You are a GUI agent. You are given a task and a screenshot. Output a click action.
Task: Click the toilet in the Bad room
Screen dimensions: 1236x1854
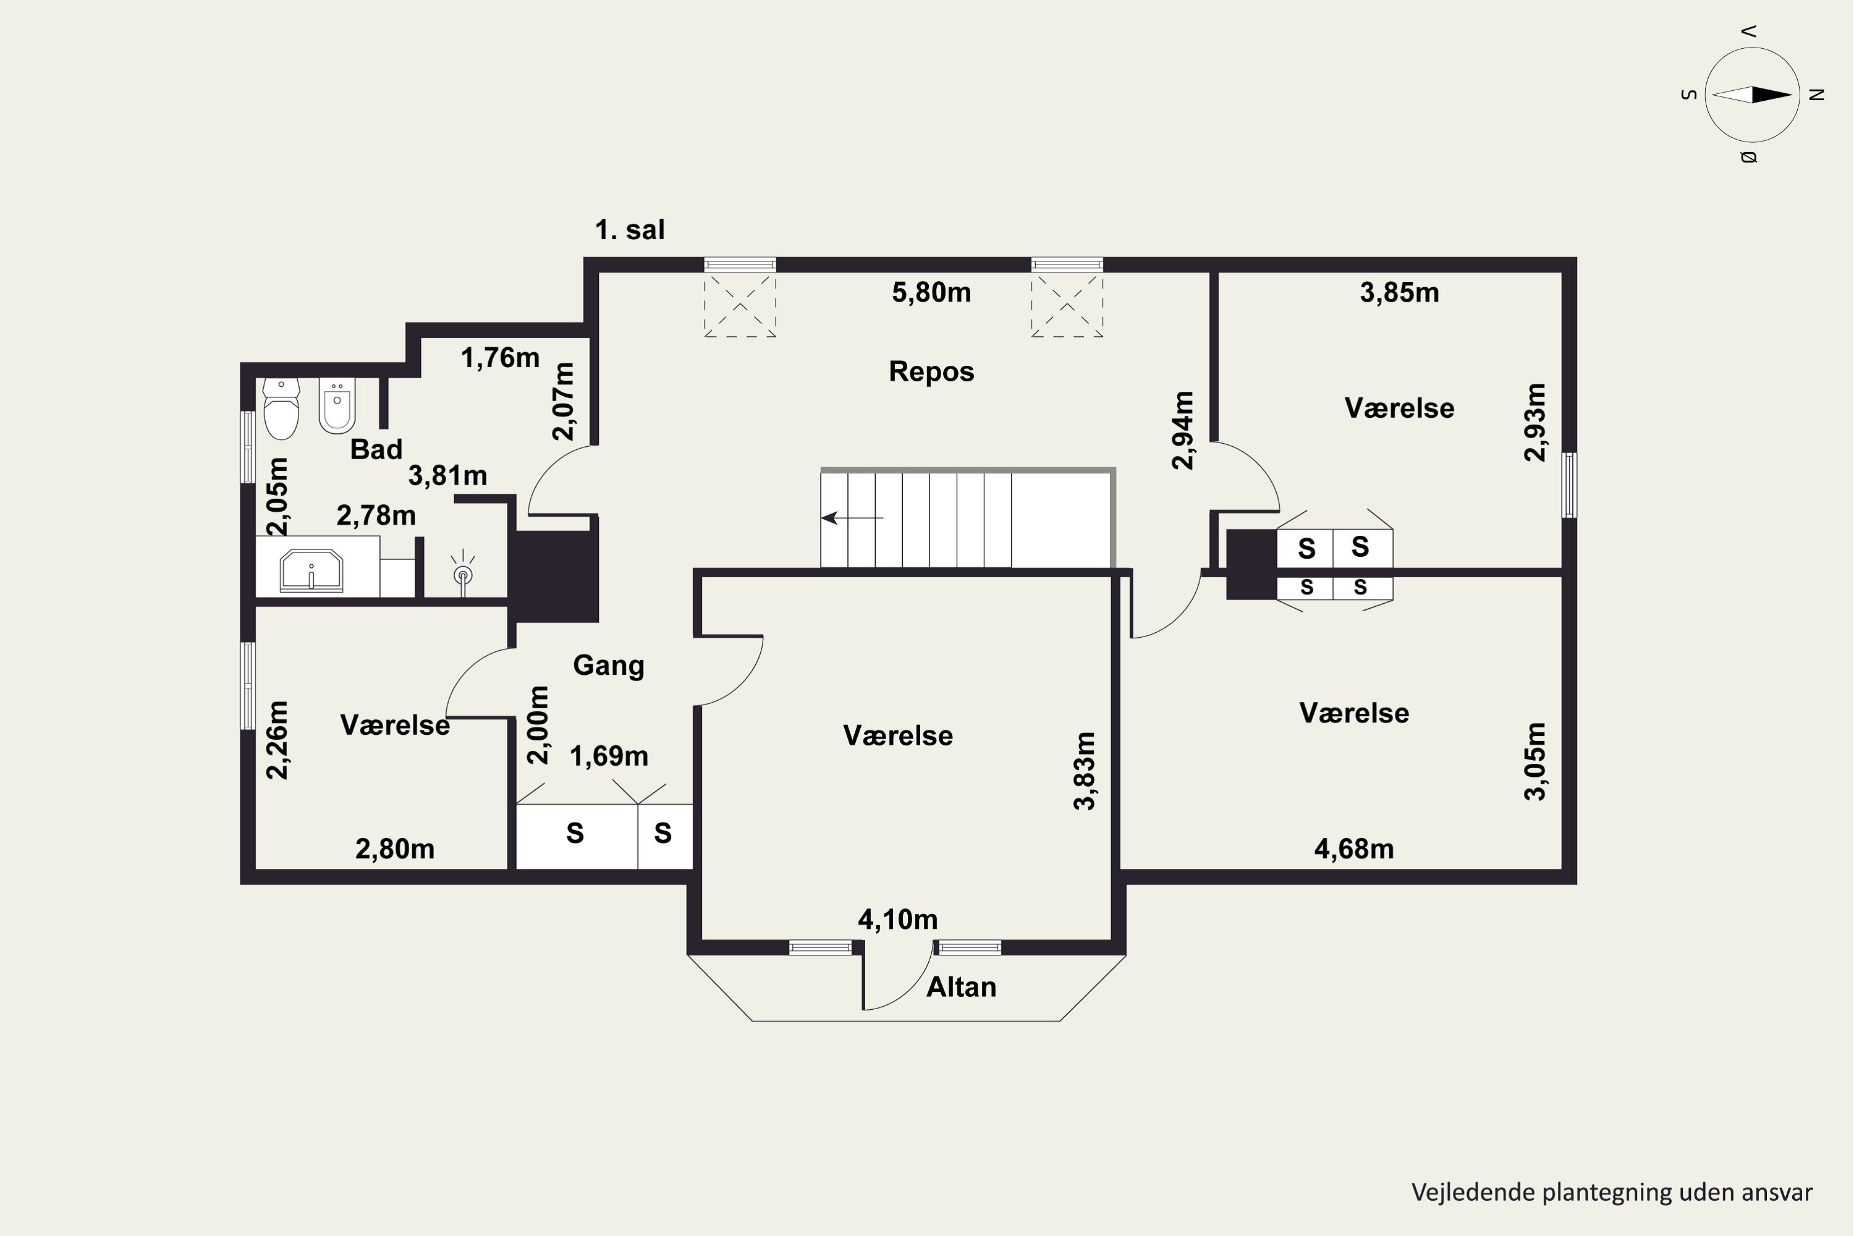(x=281, y=410)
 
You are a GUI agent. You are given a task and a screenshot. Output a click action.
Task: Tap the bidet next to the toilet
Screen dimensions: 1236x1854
(x=337, y=406)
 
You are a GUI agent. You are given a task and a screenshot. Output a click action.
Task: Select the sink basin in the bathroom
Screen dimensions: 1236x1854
(x=311, y=570)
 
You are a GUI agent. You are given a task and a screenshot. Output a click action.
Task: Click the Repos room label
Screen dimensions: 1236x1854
(x=931, y=371)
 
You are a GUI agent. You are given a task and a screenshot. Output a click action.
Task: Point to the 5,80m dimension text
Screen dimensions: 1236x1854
(x=931, y=292)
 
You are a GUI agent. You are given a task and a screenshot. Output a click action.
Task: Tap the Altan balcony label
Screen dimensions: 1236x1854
(x=961, y=987)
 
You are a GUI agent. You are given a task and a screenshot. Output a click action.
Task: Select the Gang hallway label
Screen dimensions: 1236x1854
(x=607, y=666)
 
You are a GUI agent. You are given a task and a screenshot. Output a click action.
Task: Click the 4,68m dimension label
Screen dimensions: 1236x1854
(x=1353, y=849)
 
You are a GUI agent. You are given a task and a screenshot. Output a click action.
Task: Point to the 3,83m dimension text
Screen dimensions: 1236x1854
(x=1085, y=771)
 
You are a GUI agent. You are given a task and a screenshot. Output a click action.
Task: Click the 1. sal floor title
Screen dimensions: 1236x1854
(x=629, y=230)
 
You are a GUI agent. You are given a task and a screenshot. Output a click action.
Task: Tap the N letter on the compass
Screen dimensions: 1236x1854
(x=1816, y=95)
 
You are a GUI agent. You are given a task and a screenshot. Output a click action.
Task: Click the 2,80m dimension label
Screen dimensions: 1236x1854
(x=394, y=849)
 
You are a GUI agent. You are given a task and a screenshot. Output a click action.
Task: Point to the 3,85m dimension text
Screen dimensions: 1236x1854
(x=1399, y=292)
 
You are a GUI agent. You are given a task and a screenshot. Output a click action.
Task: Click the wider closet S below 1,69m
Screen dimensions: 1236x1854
(x=575, y=833)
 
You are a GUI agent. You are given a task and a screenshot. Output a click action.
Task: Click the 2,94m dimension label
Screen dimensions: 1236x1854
(x=1183, y=430)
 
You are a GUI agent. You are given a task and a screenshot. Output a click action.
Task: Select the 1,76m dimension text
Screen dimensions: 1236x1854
(x=500, y=358)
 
